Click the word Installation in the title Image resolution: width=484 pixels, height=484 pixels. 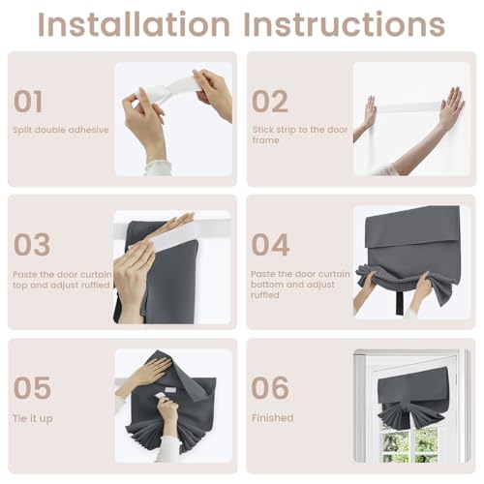(x=134, y=24)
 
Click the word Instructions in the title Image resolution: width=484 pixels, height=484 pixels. (x=345, y=24)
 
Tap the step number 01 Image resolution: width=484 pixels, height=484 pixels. (x=28, y=102)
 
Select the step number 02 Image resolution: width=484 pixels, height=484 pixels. (x=270, y=102)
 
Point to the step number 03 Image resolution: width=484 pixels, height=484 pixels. (x=32, y=244)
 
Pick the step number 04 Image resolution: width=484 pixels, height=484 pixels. (x=270, y=244)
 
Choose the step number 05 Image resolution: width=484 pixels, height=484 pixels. (x=32, y=387)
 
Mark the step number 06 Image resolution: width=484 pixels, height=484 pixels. (x=270, y=387)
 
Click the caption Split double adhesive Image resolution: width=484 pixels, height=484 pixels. (x=61, y=130)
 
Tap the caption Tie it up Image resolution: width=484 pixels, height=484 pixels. (x=33, y=418)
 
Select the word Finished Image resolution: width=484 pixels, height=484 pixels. (x=273, y=418)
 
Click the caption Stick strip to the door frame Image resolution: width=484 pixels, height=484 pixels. (x=300, y=135)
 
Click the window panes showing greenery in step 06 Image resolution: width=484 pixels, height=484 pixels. (x=410, y=442)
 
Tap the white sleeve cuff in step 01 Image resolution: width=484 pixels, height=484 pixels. (x=158, y=167)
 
